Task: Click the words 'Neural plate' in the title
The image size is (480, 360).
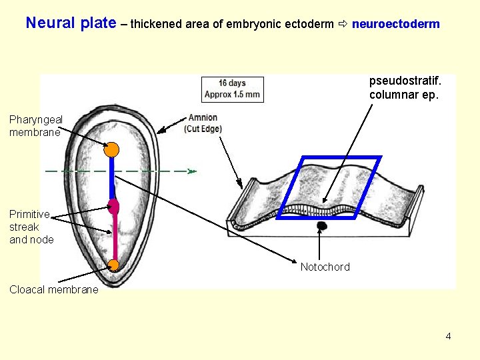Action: [x=71, y=23]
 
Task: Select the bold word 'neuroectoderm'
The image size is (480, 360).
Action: [x=395, y=24]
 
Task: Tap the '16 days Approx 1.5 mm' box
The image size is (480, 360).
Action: [x=233, y=89]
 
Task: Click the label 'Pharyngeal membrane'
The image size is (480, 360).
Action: [x=35, y=125]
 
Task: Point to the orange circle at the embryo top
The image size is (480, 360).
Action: [x=112, y=149]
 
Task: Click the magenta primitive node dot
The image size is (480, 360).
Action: [x=113, y=206]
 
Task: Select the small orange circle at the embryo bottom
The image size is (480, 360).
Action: [x=113, y=265]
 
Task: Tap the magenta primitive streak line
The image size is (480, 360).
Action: [x=114, y=237]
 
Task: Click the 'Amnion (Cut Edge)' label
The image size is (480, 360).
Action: [x=203, y=123]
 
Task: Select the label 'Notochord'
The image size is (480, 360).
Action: [x=325, y=267]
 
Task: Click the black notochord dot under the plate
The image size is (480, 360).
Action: [x=321, y=226]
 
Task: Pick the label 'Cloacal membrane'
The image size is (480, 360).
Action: [x=53, y=289]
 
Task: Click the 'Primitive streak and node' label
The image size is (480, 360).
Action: [x=31, y=227]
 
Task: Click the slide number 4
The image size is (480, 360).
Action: [x=448, y=336]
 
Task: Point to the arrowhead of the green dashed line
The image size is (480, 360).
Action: [x=192, y=171]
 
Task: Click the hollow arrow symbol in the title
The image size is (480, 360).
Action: [x=343, y=24]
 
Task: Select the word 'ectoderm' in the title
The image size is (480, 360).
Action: [x=311, y=24]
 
